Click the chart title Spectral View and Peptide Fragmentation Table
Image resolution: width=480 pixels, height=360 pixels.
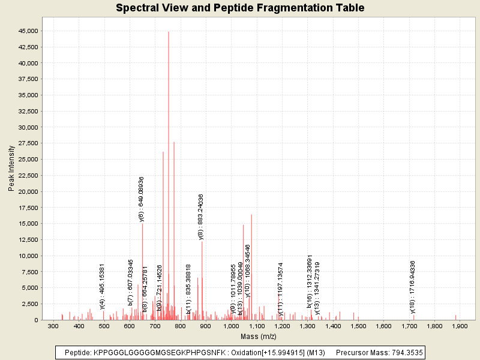(x=240, y=8)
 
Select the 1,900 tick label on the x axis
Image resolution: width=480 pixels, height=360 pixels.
(x=460, y=326)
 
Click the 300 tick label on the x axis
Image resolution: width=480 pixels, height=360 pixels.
(x=53, y=326)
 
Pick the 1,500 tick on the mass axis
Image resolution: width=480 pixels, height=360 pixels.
(x=358, y=326)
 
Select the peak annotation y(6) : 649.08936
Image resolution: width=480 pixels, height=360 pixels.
(x=142, y=199)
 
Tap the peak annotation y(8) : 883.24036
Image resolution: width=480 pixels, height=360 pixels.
(x=201, y=217)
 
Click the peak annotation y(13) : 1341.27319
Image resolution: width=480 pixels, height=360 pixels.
(x=317, y=288)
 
